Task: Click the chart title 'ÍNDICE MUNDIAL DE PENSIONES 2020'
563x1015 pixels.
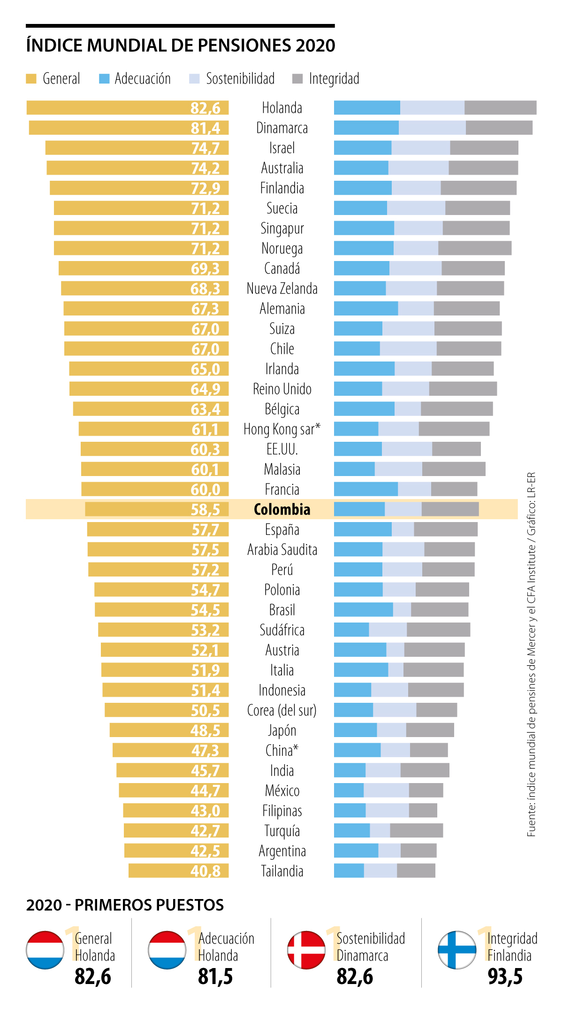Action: point(181,46)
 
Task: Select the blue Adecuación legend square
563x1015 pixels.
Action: point(104,78)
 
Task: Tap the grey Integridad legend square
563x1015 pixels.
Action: point(297,78)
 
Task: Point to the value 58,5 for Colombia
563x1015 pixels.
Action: point(205,509)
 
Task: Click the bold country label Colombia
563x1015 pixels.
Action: point(282,509)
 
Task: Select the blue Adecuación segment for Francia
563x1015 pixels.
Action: point(366,489)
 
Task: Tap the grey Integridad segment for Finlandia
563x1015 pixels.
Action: point(479,188)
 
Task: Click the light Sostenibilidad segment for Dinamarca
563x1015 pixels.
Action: point(432,128)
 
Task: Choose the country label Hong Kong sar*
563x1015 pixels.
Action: point(282,429)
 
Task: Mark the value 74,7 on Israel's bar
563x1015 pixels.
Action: point(205,148)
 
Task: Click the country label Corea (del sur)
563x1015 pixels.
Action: point(282,710)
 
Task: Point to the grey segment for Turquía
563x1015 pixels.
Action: point(416,830)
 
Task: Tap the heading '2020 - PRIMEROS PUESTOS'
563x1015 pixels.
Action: point(125,905)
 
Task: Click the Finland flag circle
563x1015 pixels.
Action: point(456,950)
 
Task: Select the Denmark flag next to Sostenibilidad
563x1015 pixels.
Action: point(306,950)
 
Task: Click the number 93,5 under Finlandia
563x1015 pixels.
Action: point(505,977)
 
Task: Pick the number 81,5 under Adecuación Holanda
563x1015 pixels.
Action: point(215,977)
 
